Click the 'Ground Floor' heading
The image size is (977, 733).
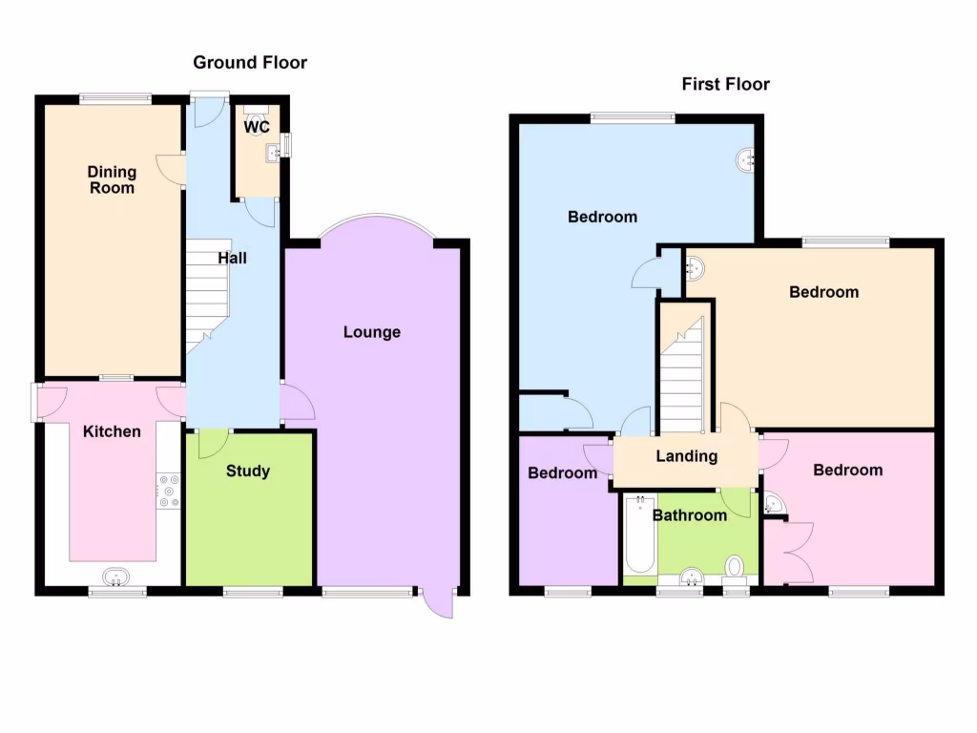coord(250,63)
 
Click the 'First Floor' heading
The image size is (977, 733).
coord(725,84)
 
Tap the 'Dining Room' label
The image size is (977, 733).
coord(112,180)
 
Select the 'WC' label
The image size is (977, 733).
coord(256,127)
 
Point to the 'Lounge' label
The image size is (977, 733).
coord(372,332)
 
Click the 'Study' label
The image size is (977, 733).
coord(248,471)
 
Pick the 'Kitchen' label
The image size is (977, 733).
coord(112,431)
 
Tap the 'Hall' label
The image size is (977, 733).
coord(233,258)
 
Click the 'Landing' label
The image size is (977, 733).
coord(686,456)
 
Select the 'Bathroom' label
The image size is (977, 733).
coord(689,515)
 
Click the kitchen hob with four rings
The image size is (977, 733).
coord(169,491)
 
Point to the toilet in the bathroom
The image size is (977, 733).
coord(735,569)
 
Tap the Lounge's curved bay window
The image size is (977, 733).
coord(376,223)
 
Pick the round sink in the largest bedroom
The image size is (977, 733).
coord(746,160)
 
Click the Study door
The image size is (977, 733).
coord(212,443)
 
